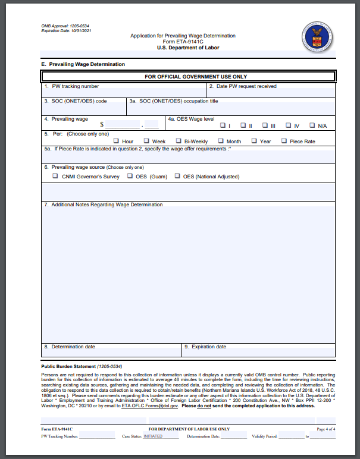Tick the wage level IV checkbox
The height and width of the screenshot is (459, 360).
click(x=289, y=125)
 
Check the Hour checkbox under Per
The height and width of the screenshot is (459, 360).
click(x=115, y=142)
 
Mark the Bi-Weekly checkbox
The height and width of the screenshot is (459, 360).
click(x=178, y=142)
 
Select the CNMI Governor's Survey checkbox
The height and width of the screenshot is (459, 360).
click(x=55, y=176)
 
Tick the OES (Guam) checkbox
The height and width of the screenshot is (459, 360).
click(x=130, y=176)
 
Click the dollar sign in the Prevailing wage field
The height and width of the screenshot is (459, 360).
click(x=102, y=125)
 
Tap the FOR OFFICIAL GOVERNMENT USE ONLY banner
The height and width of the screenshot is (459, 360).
click(x=187, y=77)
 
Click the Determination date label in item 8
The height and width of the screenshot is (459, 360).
click(x=69, y=347)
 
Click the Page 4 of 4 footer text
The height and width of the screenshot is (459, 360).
click(x=326, y=429)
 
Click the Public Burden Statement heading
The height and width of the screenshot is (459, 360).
click(x=68, y=367)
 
